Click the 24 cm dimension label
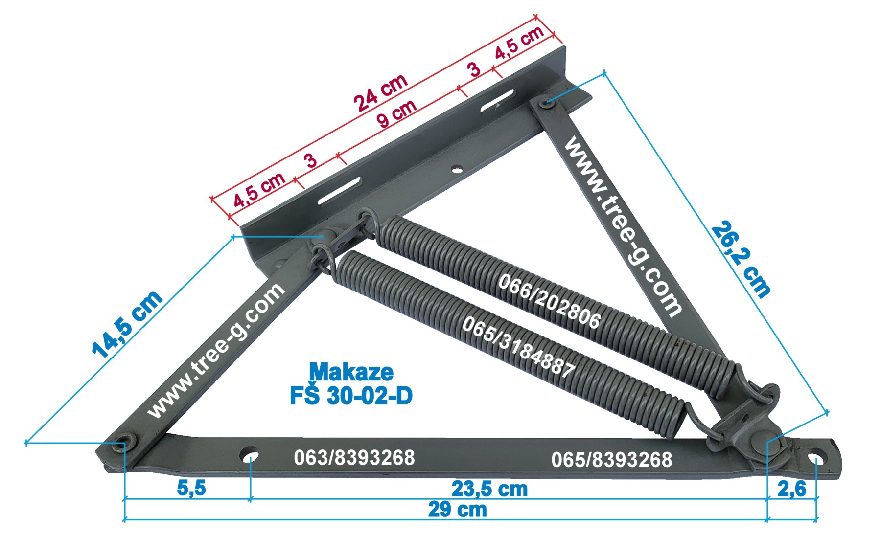[x=380, y=93]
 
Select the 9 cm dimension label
[x=396, y=114]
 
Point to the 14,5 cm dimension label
[x=127, y=324]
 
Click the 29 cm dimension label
[x=458, y=510]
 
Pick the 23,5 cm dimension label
[x=489, y=489]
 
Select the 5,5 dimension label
[x=191, y=488]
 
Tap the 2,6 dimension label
[x=791, y=489]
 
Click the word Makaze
[x=351, y=372]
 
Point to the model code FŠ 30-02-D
[x=351, y=396]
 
